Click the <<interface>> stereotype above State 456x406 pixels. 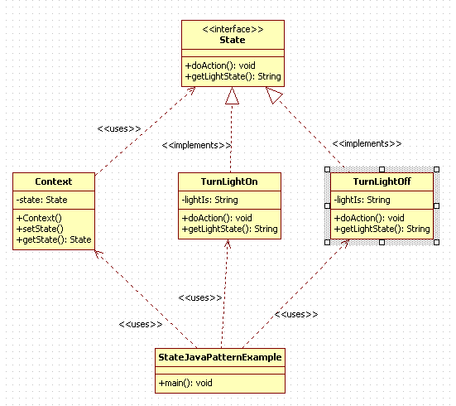point(233,29)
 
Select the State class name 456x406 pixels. point(233,40)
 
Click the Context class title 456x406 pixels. point(54,181)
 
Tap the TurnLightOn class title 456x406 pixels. point(229,181)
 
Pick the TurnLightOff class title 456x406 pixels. point(382,181)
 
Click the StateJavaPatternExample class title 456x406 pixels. point(220,357)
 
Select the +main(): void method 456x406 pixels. point(185,383)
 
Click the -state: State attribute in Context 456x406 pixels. point(42,200)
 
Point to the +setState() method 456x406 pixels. point(40,229)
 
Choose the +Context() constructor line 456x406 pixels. point(39,218)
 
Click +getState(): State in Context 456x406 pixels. point(54,239)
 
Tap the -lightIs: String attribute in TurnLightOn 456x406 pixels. point(209,200)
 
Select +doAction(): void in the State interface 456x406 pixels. point(220,65)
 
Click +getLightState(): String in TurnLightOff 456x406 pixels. point(382,229)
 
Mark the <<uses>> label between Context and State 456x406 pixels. point(119,128)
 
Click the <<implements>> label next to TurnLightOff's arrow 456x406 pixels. point(367,143)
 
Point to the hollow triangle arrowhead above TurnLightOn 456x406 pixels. point(232,95)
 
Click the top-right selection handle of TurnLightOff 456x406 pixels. point(436,170)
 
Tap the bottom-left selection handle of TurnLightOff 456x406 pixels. point(327,242)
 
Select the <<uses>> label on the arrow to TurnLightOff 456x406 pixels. point(296,314)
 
